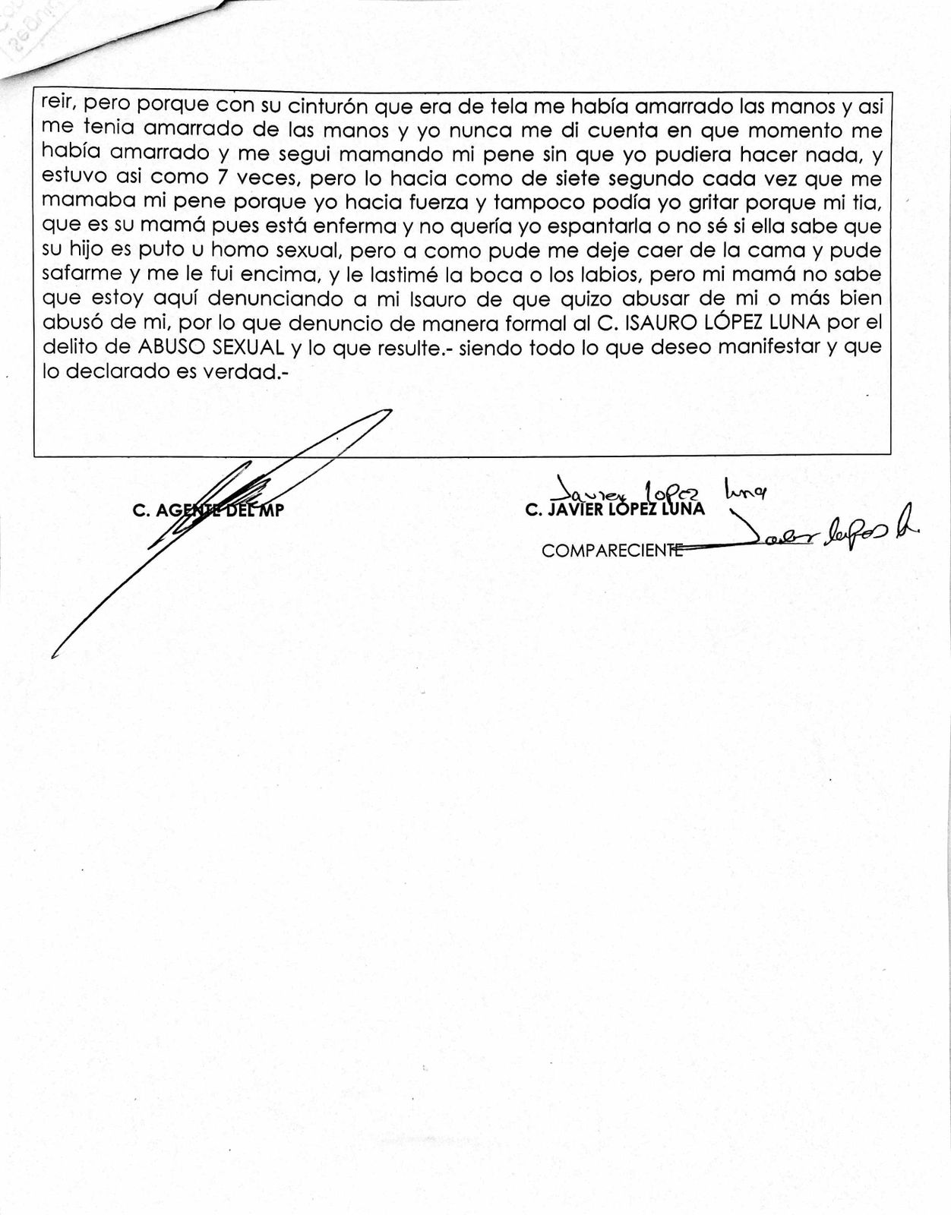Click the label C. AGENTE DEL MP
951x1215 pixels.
pos(207,511)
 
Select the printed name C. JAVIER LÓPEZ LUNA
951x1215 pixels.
pos(615,510)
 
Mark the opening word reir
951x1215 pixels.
pos(58,105)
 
